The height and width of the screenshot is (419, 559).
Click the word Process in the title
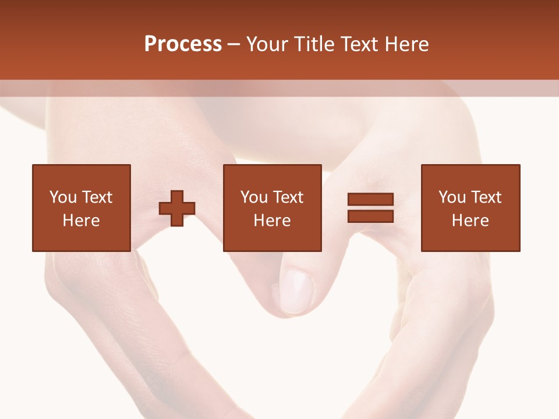183,44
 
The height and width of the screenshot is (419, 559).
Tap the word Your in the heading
267,44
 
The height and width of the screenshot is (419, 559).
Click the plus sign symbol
177,208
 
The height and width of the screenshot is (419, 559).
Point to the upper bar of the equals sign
370,199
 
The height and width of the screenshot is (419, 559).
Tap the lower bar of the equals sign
370,216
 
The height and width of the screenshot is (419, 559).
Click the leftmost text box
81,208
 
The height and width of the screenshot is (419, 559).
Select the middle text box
272,208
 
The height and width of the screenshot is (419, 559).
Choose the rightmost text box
470,208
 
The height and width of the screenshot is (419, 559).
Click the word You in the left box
62,197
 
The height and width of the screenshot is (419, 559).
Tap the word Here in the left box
81,221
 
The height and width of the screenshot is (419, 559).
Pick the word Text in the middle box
288,197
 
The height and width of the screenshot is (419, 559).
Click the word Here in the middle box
272,221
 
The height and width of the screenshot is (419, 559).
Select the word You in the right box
451,197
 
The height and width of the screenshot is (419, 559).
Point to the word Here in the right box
470,221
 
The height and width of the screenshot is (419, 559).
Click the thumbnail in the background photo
298,291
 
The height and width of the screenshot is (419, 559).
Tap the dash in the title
234,44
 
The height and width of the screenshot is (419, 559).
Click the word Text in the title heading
357,44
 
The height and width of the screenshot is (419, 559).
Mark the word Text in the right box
486,197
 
